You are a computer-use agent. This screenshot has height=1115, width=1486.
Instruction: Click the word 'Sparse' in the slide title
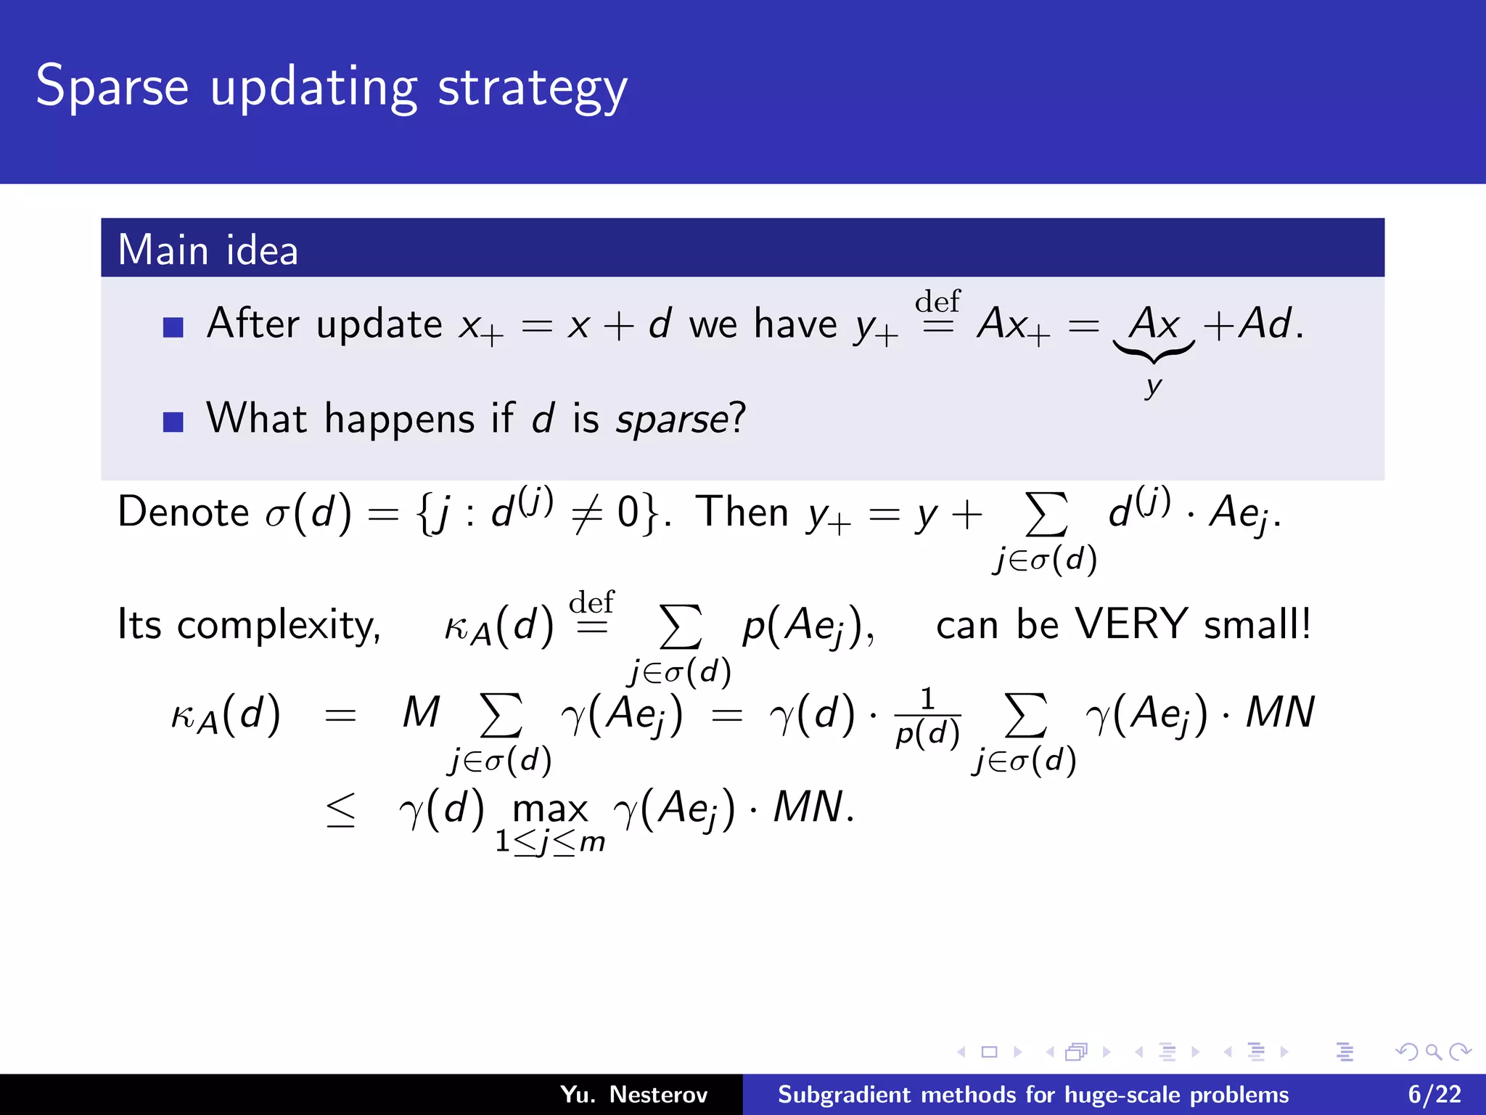112,87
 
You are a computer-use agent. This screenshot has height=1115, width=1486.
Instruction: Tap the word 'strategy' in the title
533,89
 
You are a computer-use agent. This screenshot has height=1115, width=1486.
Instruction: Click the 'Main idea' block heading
208,250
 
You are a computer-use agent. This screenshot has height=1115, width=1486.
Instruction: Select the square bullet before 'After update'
173,327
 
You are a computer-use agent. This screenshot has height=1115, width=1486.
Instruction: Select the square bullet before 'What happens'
173,422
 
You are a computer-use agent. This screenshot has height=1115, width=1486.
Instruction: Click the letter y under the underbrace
1153,386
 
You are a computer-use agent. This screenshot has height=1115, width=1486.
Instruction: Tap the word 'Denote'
184,512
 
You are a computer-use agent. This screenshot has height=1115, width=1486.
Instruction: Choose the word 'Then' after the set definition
742,512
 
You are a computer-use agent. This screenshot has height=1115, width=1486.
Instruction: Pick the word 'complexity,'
279,626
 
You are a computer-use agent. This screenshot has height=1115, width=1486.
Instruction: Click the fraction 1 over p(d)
927,718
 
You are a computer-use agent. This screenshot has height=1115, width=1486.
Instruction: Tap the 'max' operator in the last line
550,809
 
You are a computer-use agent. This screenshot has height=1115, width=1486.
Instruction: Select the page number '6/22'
1434,1094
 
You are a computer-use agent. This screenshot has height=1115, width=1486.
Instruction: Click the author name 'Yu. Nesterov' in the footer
633,1094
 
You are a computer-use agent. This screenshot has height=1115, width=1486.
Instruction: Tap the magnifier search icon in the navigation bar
1433,1051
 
